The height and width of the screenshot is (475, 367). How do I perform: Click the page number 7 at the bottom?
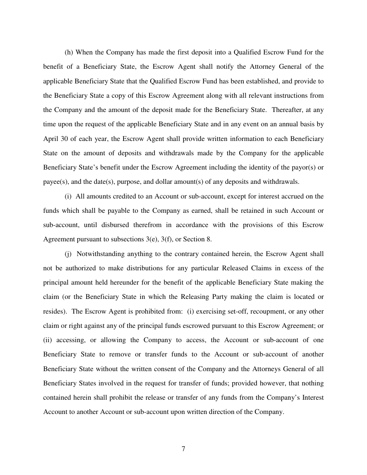coord(183,449)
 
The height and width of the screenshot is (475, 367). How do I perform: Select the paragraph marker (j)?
coord(68,254)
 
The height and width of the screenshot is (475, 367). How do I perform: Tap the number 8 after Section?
coord(209,239)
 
